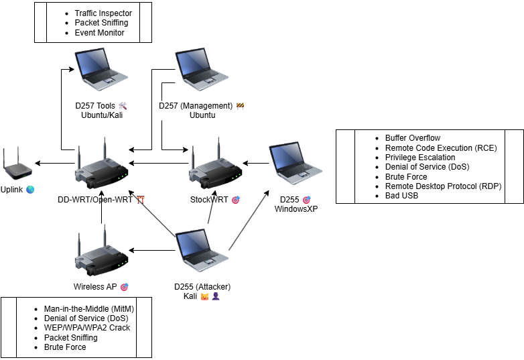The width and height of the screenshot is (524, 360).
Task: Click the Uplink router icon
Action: (17, 164)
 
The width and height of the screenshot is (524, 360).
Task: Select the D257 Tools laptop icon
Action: (101, 70)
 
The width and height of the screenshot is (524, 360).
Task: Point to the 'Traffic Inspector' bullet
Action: (103, 13)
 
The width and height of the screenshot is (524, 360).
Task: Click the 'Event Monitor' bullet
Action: (99, 32)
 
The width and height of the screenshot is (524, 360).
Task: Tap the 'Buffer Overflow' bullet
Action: (413, 138)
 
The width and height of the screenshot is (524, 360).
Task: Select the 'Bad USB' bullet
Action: (402, 196)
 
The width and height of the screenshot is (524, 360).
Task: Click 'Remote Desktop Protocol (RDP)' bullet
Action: (443, 186)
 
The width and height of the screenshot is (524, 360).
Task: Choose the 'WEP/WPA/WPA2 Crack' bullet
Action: (87, 327)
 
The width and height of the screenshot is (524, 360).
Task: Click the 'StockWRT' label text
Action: (209, 200)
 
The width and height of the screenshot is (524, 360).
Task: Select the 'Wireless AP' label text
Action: (95, 287)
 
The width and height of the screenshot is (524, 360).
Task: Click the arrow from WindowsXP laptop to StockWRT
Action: (255, 163)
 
